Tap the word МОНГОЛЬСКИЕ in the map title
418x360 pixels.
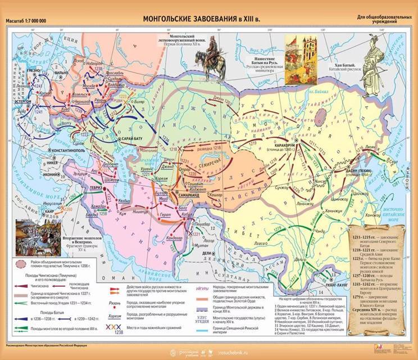[172, 19]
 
